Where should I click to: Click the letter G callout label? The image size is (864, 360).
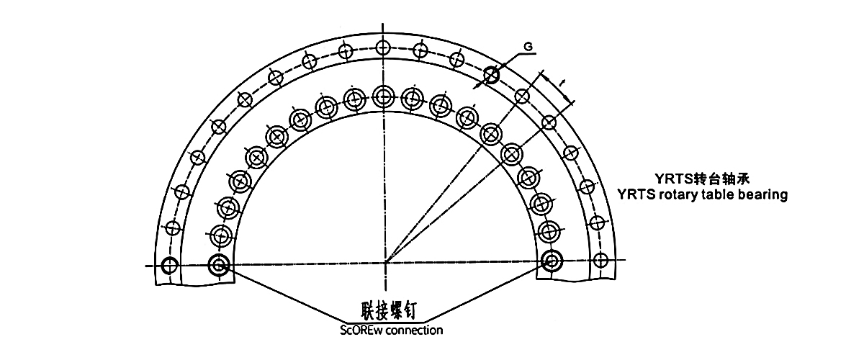528,47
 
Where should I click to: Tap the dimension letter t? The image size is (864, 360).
561,82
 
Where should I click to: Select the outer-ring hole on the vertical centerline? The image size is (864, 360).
382,48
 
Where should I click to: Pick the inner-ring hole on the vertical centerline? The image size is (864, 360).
383,96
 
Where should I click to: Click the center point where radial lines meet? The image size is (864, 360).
386,263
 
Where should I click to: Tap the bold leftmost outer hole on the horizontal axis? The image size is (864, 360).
169,266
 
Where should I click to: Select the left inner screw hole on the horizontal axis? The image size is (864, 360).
219,265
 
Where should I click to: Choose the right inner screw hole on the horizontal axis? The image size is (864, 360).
552,261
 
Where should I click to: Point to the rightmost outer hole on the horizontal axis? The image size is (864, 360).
600,260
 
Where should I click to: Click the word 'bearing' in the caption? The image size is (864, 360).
762,194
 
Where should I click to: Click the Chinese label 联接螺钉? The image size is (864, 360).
388,310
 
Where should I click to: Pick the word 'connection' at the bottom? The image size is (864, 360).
414,330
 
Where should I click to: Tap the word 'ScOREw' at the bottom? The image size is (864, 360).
361,330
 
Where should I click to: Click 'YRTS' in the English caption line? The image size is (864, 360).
636,194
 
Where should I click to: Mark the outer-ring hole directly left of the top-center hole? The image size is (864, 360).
346,50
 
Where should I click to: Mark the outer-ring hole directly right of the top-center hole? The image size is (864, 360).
420,50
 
